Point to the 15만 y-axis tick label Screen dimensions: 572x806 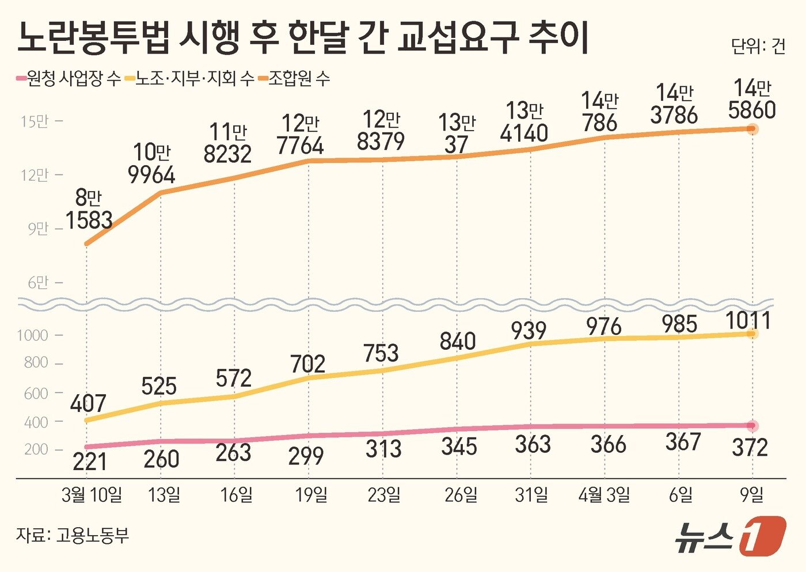[35, 121]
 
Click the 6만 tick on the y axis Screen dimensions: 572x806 [38, 283]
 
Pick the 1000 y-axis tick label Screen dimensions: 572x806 [32, 335]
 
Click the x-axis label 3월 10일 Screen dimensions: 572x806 [92, 495]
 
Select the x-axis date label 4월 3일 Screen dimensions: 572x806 [604, 495]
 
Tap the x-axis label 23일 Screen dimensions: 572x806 [384, 495]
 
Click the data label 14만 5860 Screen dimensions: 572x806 [752, 100]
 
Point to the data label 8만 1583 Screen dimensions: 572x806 [89, 209]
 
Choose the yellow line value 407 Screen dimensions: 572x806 [88, 403]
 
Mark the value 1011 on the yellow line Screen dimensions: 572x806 [748, 321]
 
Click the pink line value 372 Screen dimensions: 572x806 [750, 447]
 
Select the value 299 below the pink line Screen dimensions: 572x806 [306, 456]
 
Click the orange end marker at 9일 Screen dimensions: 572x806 [752, 129]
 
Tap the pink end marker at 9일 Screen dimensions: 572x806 [752, 426]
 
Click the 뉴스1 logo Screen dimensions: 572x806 [730, 536]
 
